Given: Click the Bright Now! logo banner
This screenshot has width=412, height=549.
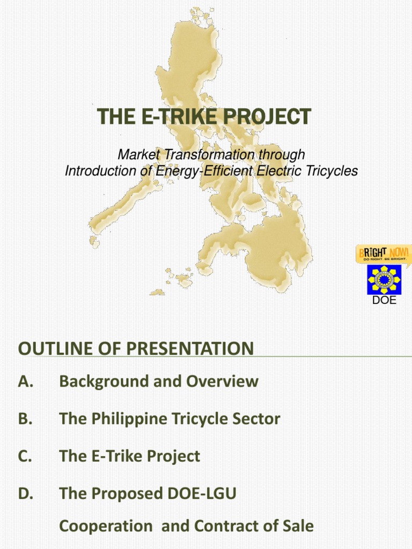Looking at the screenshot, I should pos(384,253).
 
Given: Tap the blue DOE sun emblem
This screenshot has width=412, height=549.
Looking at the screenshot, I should pos(384,279).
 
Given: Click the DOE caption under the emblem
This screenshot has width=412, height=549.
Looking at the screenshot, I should pos(384,300).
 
